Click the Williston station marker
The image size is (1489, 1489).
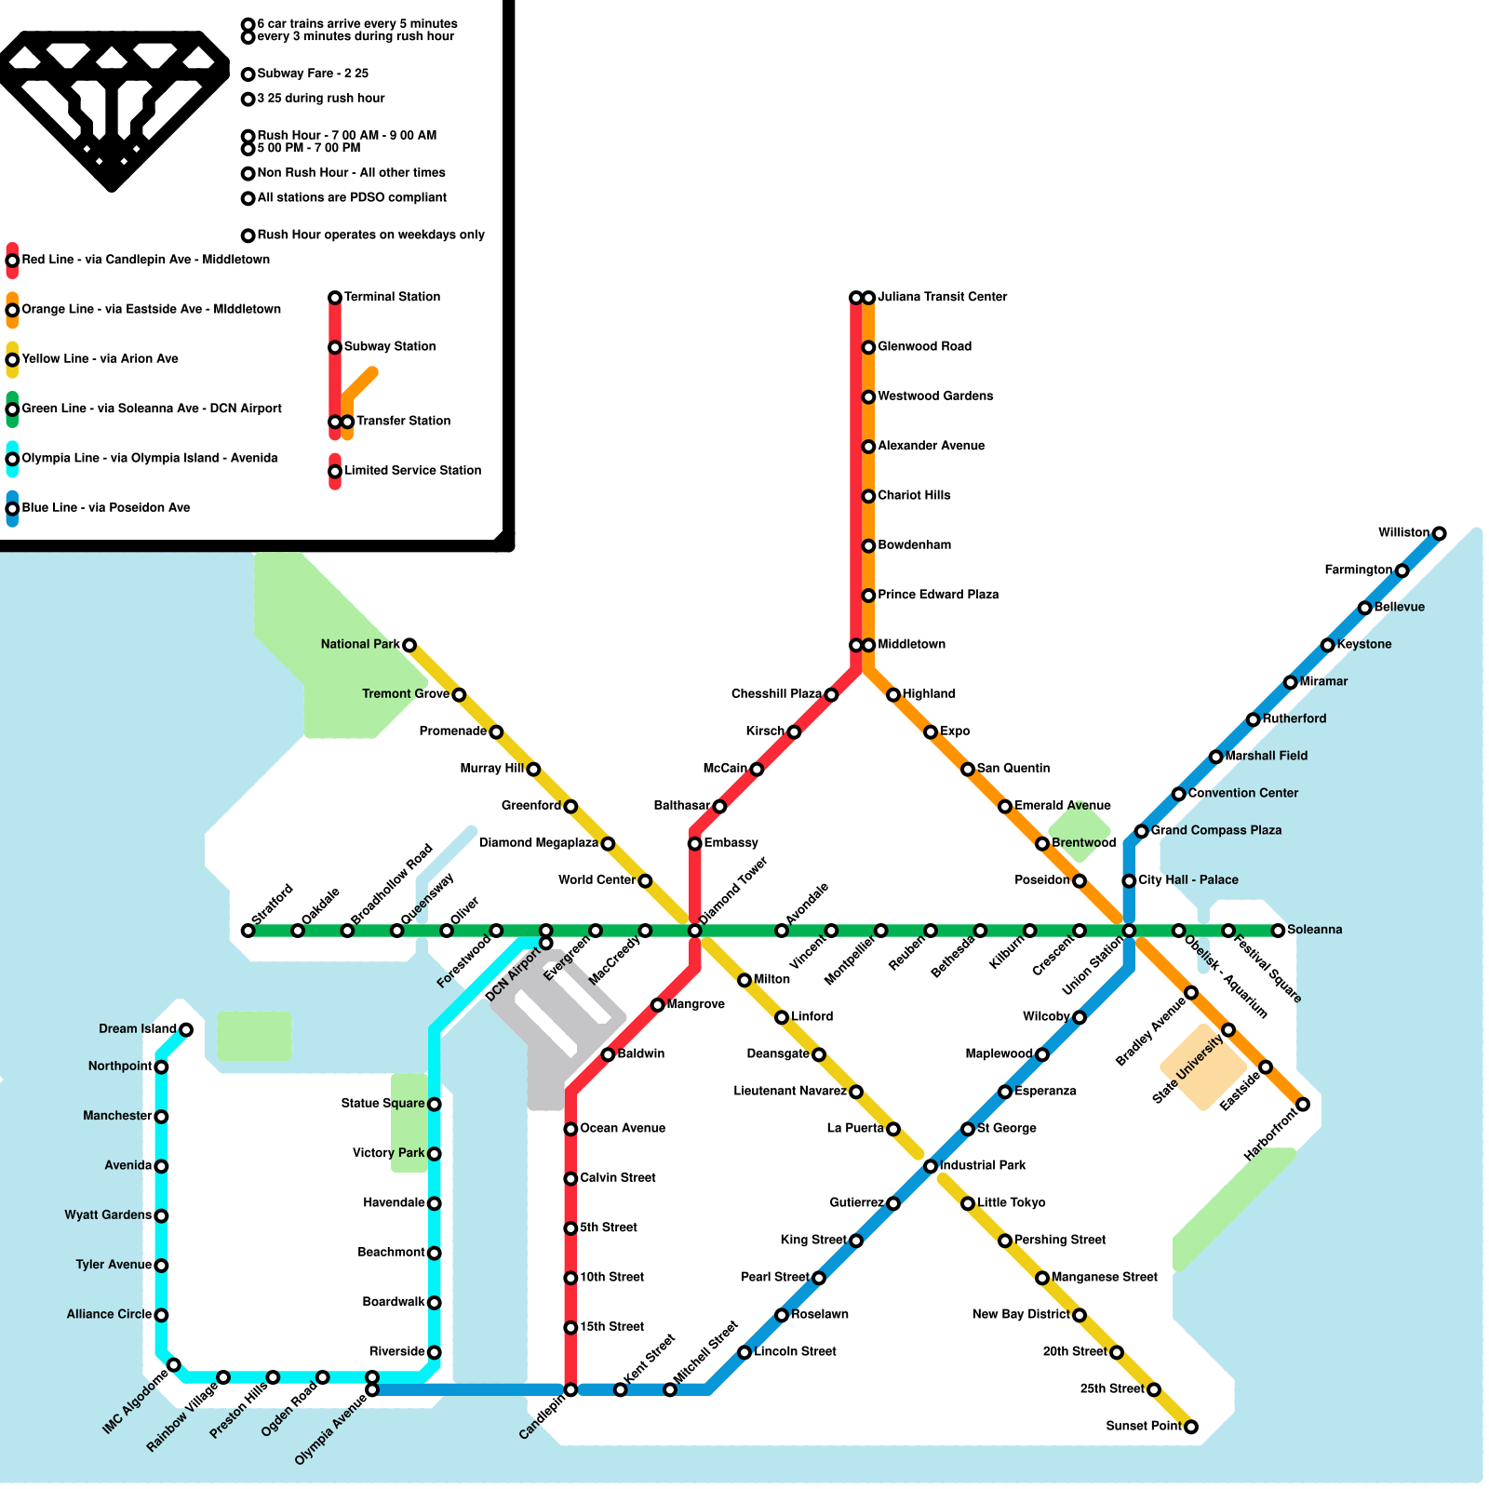1439,533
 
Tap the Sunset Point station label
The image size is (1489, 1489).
1143,1426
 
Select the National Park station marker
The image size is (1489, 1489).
409,645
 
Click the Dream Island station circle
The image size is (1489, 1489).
186,1029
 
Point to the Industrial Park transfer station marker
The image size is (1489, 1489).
931,1166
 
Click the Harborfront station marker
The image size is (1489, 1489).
1303,1105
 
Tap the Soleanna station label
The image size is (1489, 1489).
1314,930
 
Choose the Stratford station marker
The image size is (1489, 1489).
248,931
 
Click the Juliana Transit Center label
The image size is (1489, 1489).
942,297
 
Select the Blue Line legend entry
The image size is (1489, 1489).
106,508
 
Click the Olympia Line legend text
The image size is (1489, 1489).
149,458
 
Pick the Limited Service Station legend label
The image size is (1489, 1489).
412,471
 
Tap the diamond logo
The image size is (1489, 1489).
112,107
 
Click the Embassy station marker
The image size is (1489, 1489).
694,844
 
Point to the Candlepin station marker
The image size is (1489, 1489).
570,1389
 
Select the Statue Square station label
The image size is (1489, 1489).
382,1104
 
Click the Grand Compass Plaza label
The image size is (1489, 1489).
1215,830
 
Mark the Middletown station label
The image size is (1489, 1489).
911,644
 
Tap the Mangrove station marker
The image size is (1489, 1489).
657,1005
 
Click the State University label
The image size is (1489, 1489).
1187,1070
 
